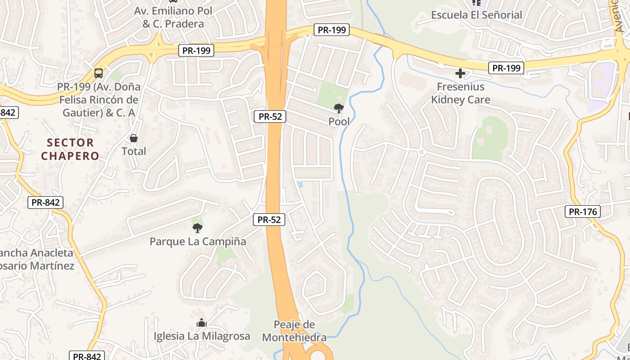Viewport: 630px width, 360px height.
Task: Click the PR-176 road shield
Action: click(583, 211)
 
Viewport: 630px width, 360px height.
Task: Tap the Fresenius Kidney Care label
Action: click(460, 93)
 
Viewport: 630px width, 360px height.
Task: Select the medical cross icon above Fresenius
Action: click(460, 73)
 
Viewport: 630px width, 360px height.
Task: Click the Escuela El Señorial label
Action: click(477, 15)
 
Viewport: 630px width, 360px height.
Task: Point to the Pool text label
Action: click(339, 121)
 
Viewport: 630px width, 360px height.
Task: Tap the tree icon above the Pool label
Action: click(338, 108)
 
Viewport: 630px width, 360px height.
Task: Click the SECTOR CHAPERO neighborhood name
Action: click(70, 149)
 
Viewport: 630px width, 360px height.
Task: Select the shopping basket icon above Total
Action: click(134, 138)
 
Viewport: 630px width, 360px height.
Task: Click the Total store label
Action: click(134, 151)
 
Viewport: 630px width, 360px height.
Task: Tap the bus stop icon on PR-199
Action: click(99, 73)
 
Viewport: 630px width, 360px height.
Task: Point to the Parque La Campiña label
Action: click(198, 242)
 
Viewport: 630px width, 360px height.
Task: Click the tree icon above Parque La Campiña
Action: click(197, 228)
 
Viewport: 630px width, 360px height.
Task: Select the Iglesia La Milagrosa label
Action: click(202, 336)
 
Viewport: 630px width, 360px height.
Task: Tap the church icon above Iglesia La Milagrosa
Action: click(201, 323)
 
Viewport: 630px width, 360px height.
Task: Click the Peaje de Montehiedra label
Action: click(294, 331)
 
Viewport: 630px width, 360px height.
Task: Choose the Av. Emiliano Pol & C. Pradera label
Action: click(173, 17)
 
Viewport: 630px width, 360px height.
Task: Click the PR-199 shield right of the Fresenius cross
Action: click(506, 68)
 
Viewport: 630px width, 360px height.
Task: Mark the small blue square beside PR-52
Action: click(300, 184)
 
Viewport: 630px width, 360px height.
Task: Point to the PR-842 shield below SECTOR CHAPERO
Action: click(45, 202)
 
